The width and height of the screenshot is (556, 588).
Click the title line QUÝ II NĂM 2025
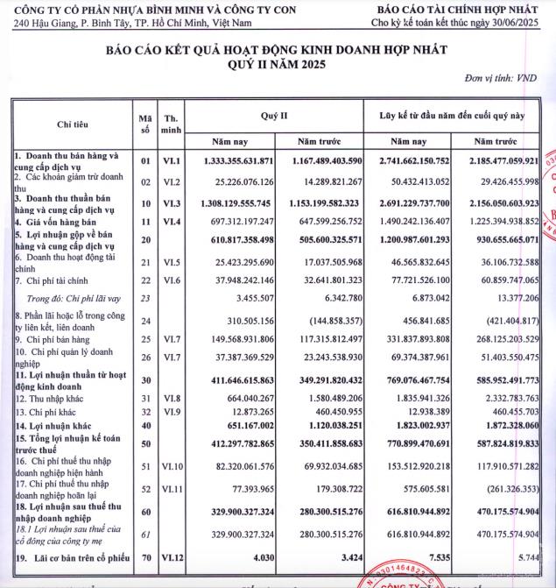278,65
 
